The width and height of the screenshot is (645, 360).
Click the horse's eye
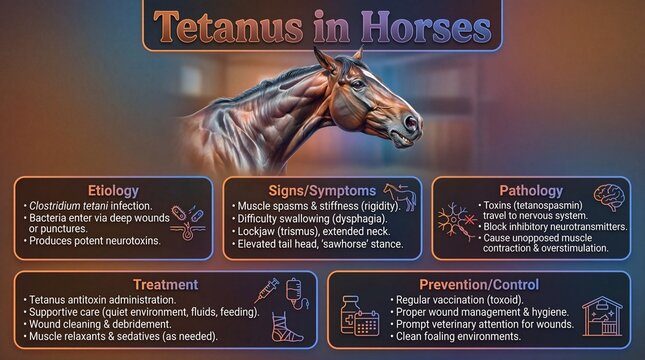357,84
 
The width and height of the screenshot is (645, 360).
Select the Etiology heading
113,190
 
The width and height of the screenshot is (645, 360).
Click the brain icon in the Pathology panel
609,197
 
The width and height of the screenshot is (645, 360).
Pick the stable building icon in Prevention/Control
601,318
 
